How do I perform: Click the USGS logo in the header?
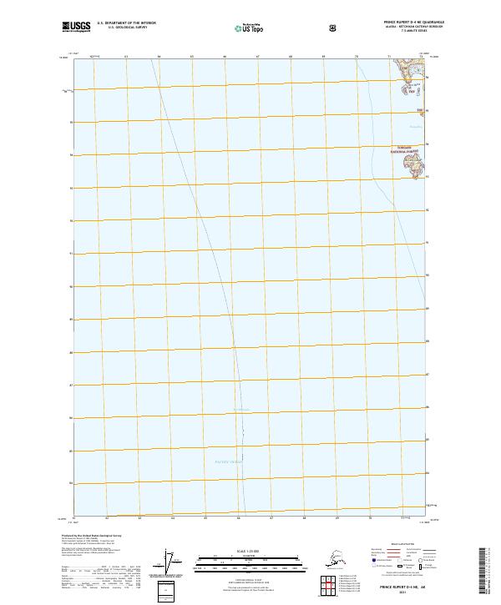[76, 27]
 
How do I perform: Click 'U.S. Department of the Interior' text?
[126, 23]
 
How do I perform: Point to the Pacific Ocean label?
[226, 461]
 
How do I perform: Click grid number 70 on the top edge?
[357, 57]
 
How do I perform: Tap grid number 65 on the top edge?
[191, 57]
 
